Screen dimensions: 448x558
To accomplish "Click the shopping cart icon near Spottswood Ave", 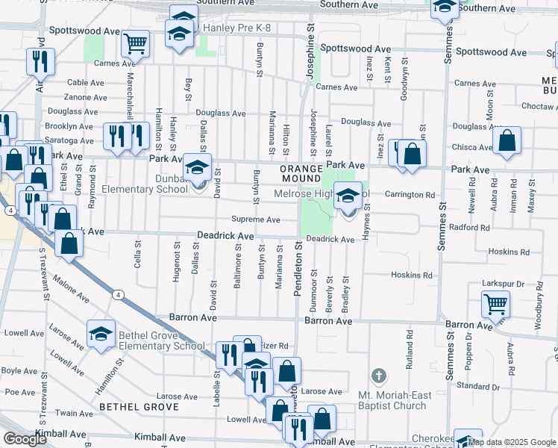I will [x=136, y=43].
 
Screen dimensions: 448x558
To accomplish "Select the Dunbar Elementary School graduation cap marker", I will [x=198, y=167].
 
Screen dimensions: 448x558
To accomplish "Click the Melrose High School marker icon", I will [x=348, y=196].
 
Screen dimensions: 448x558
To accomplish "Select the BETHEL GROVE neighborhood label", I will [x=139, y=407].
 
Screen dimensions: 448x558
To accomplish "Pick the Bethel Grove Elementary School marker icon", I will [x=101, y=334].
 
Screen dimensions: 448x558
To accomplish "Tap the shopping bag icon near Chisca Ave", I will [x=507, y=140].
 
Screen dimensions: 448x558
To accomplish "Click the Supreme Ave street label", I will [x=255, y=220].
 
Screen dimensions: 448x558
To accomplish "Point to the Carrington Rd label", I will [x=410, y=195].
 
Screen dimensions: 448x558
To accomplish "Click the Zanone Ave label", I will [x=85, y=97].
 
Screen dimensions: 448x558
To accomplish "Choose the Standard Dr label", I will [x=472, y=386].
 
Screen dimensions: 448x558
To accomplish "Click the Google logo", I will [x=25, y=439].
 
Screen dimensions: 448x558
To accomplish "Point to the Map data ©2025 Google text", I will [x=512, y=442].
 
